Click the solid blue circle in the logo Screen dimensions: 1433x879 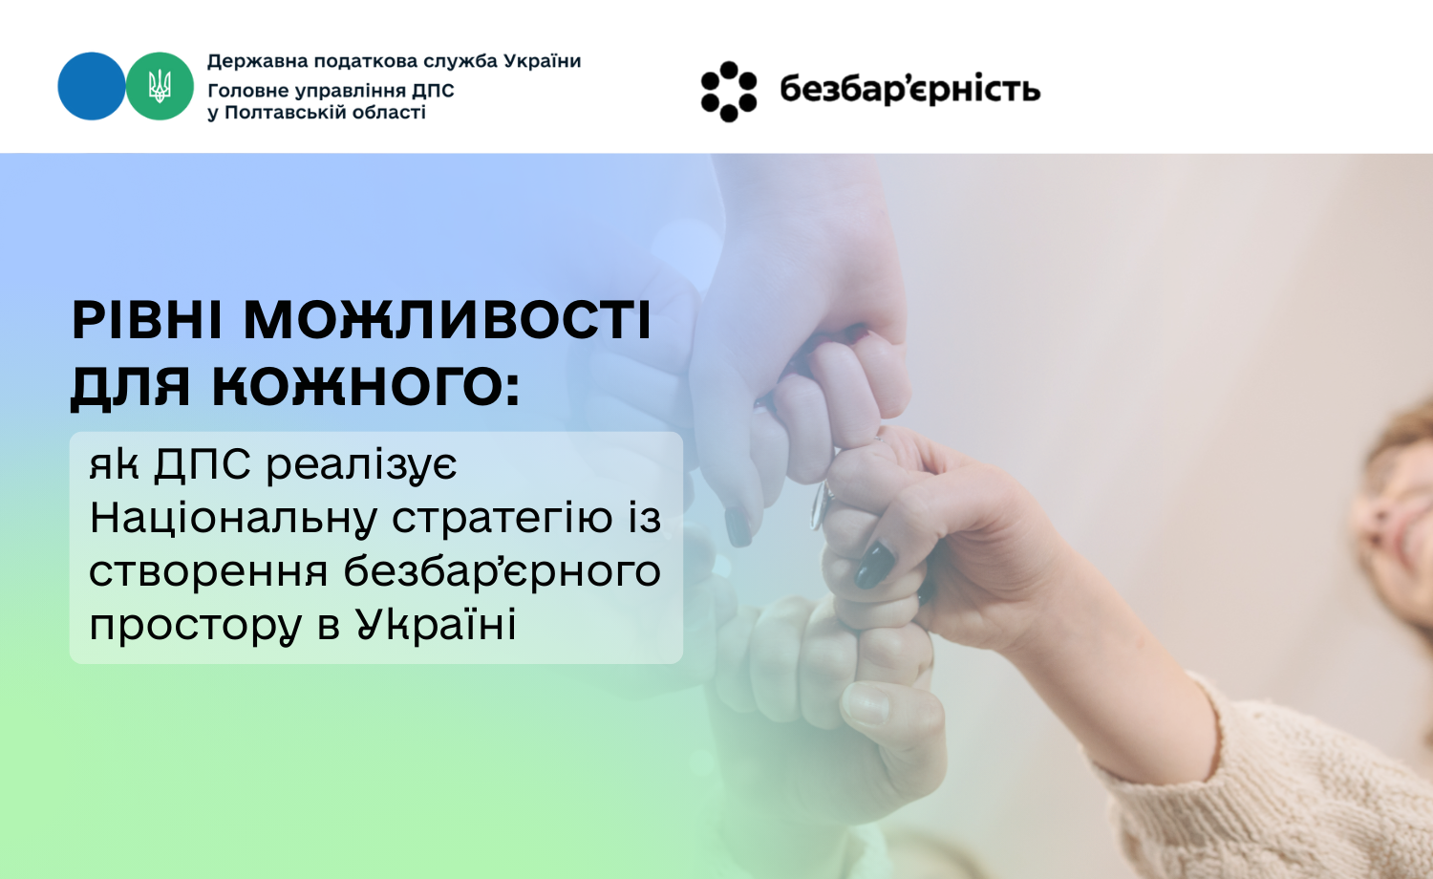click(92, 86)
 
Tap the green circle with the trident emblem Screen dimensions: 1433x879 click(160, 86)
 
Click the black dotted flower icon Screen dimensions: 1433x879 click(729, 92)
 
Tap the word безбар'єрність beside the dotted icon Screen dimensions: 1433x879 click(910, 89)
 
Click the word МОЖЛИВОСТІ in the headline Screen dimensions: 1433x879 click(447, 320)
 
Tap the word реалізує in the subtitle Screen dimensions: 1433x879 click(361, 465)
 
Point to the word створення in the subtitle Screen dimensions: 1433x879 click(208, 572)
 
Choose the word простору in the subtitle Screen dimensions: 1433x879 click(195, 626)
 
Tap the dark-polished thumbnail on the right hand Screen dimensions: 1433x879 click(874, 566)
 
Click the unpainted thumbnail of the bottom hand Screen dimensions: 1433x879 click(865, 704)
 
